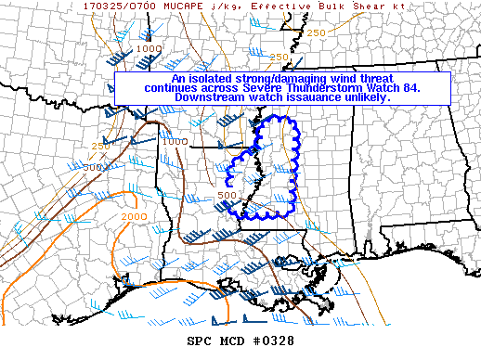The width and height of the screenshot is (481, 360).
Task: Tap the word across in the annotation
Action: coord(220,88)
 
